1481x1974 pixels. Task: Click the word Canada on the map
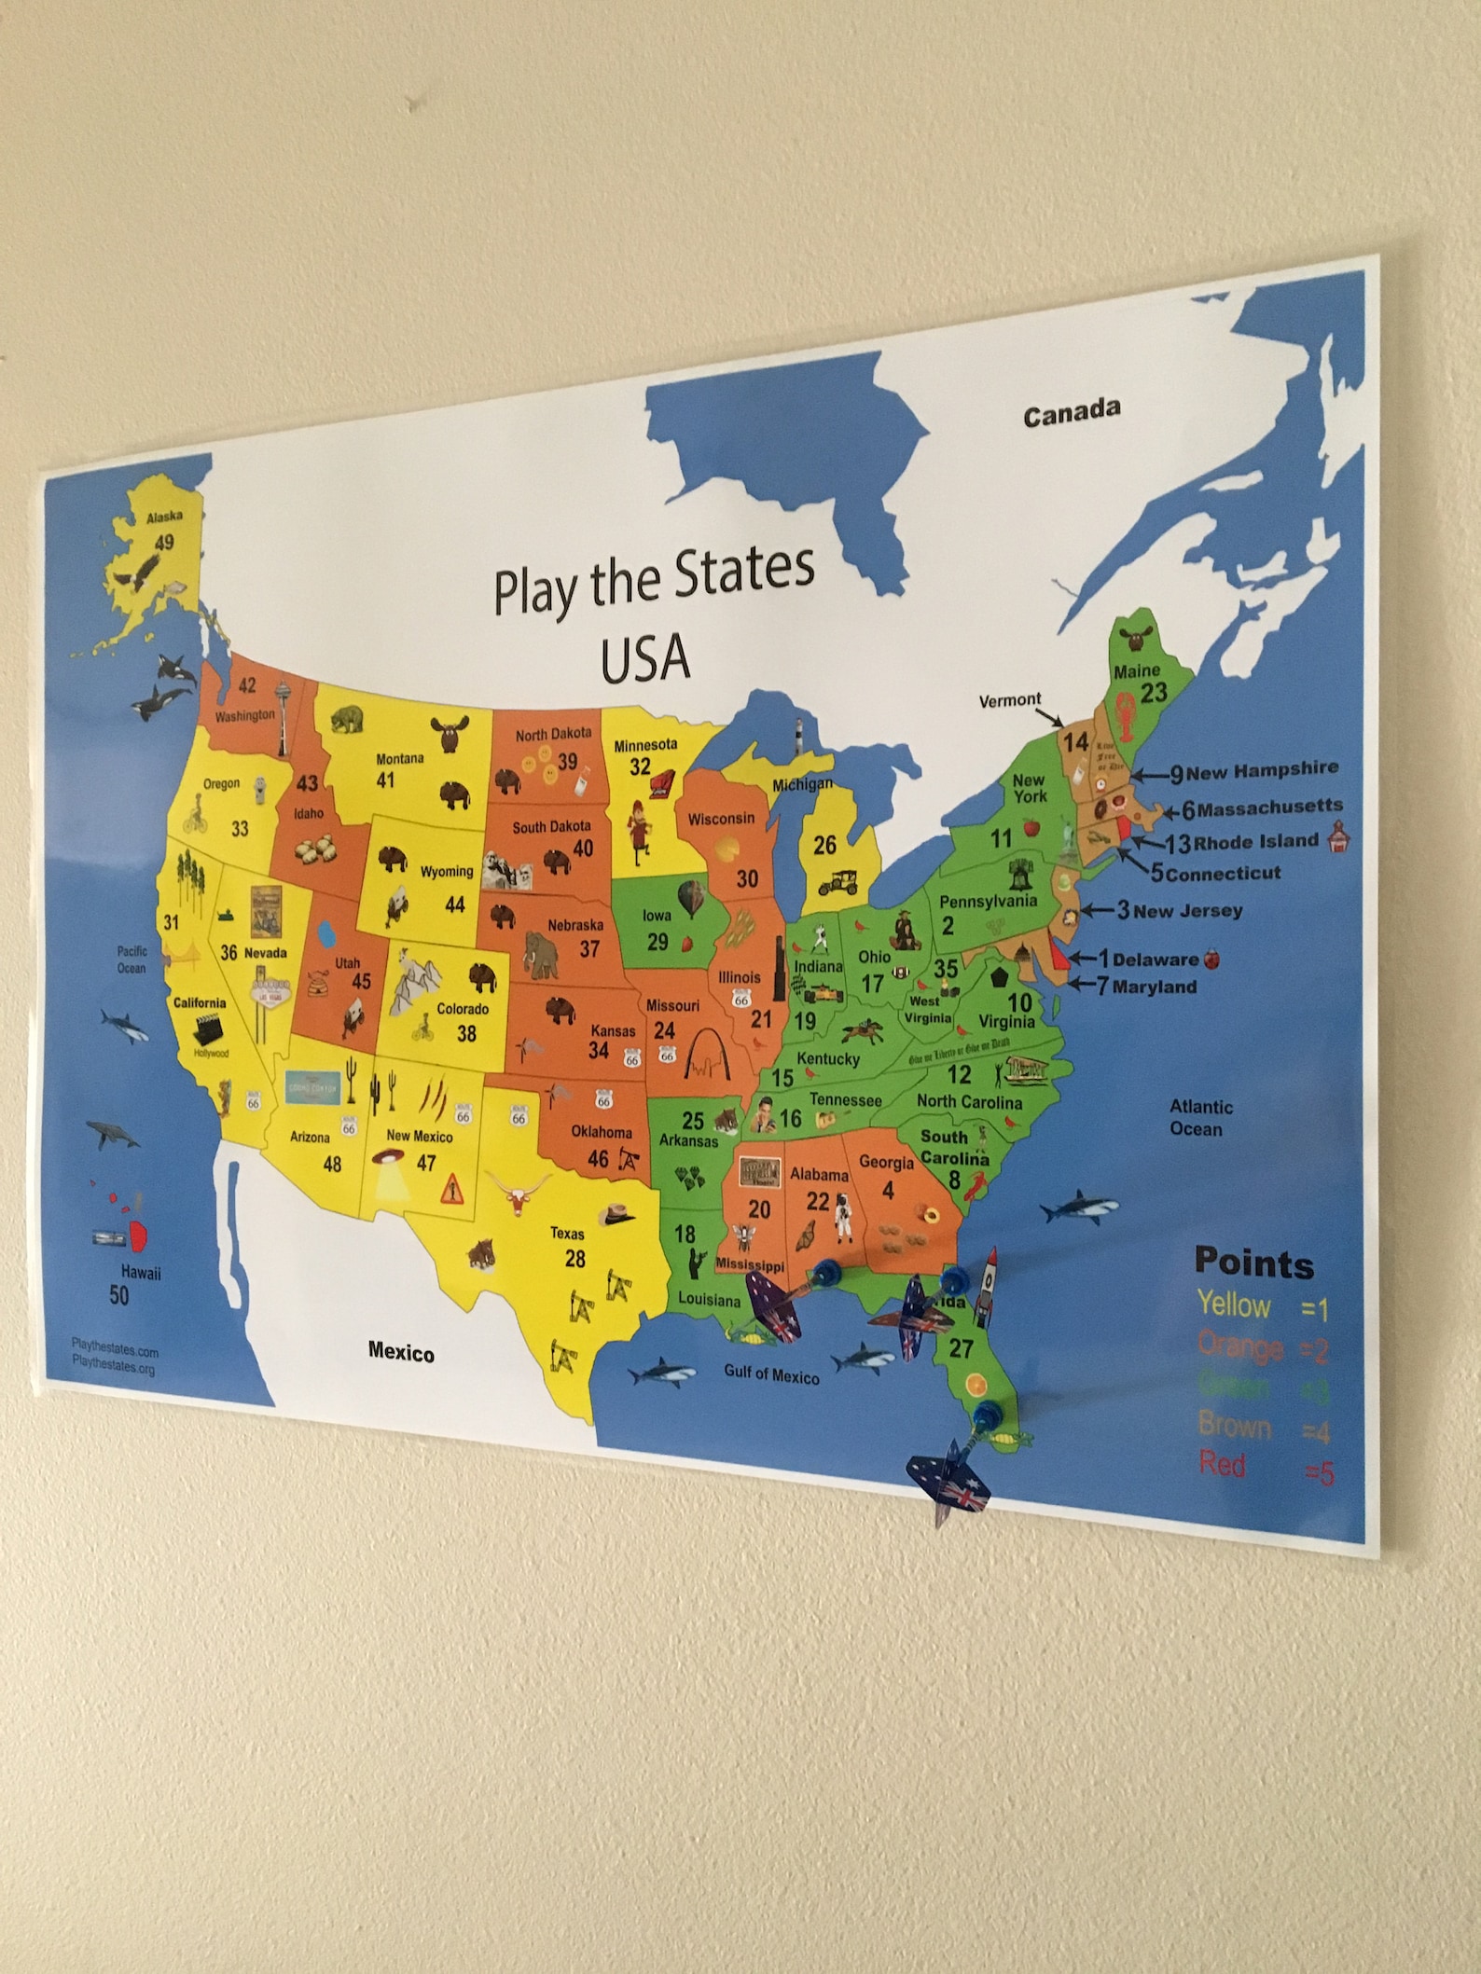click(1071, 413)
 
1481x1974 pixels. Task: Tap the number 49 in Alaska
click(163, 542)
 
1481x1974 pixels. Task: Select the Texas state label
click(567, 1233)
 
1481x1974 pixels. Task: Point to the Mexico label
click(401, 1352)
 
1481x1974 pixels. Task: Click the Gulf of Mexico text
click(771, 1374)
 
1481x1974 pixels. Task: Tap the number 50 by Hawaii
click(119, 1295)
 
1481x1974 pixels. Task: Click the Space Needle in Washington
click(282, 718)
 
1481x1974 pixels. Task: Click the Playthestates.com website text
click(115, 1351)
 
